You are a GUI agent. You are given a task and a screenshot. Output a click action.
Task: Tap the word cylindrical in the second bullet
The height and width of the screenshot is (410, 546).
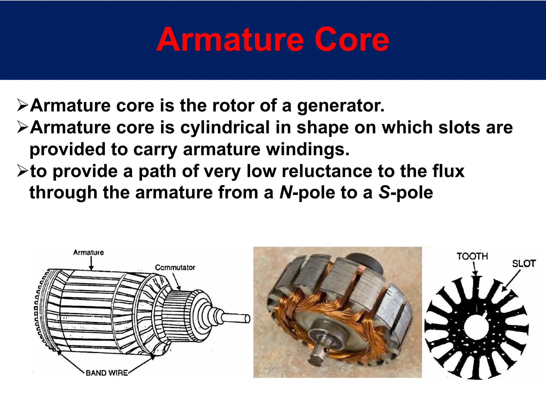pos(225,128)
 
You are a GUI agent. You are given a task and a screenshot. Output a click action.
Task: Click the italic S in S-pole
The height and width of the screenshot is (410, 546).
pos(384,193)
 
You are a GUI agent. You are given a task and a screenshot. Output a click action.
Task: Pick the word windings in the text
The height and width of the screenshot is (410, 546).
pos(308,149)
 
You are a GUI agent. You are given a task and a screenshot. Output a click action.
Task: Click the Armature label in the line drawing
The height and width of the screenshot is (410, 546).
pos(89,252)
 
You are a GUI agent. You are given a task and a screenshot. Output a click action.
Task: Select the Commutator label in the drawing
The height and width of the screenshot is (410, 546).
pos(175,267)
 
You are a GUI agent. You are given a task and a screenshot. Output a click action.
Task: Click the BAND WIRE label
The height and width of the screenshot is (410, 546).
pos(107,373)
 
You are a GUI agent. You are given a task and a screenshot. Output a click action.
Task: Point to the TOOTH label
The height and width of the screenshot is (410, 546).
pos(472,256)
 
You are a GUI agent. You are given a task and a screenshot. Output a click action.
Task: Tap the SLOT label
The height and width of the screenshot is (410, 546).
pos(524,264)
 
